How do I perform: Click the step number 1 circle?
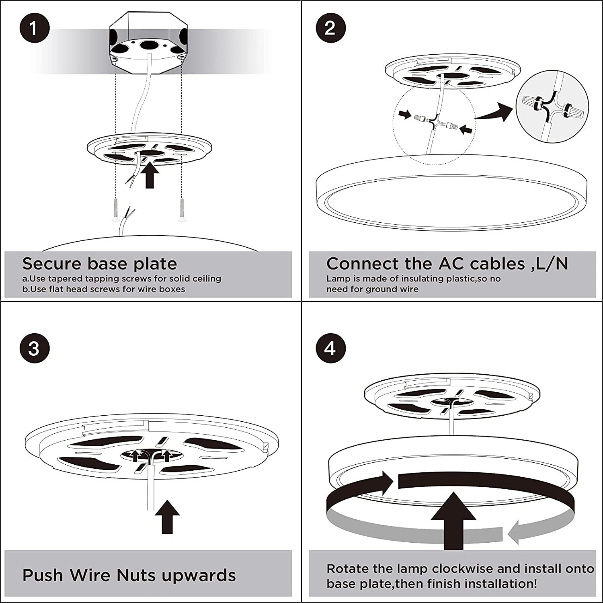point(34,29)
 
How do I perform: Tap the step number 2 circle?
point(330,28)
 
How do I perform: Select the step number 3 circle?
point(34,348)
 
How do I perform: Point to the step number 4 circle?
point(330,348)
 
